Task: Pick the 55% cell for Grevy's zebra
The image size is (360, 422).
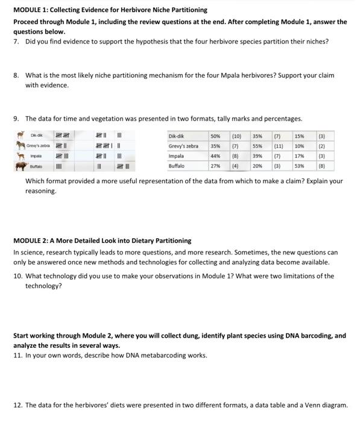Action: pyautogui.click(x=257, y=146)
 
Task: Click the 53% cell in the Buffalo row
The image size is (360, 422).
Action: pyautogui.click(x=300, y=165)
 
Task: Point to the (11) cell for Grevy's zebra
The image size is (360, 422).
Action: pyautogui.click(x=279, y=146)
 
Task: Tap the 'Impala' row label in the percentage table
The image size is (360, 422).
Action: pyautogui.click(x=177, y=156)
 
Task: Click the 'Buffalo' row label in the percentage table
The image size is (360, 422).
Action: pyautogui.click(x=177, y=165)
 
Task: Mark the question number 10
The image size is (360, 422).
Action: pyautogui.click(x=18, y=276)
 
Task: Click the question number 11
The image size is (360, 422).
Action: pyautogui.click(x=18, y=355)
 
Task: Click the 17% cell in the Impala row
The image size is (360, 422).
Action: pyautogui.click(x=300, y=156)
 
